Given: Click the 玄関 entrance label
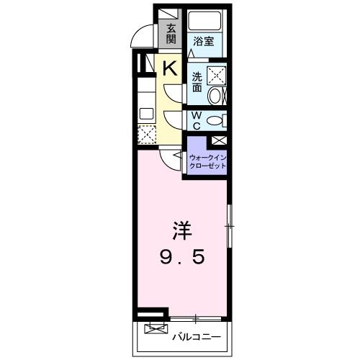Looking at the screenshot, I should pyautogui.click(x=171, y=33).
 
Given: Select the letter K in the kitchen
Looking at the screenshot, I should pyautogui.click(x=170, y=69).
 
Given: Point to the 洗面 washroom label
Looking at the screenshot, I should pyautogui.click(x=197, y=81).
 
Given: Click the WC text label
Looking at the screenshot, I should pyautogui.click(x=196, y=119).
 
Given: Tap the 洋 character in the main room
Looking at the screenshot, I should pyautogui.click(x=181, y=233).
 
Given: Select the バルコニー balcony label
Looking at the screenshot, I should pyautogui.click(x=194, y=335).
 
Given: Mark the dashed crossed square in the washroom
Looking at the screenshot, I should pyautogui.click(x=215, y=75).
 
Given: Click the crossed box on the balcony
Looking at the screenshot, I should pyautogui.click(x=154, y=330).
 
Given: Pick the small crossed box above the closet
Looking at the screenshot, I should pyautogui.click(x=218, y=141).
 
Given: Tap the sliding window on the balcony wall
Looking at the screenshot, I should pyautogui.click(x=195, y=318).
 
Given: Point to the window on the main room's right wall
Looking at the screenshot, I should pyautogui.click(x=229, y=228).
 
